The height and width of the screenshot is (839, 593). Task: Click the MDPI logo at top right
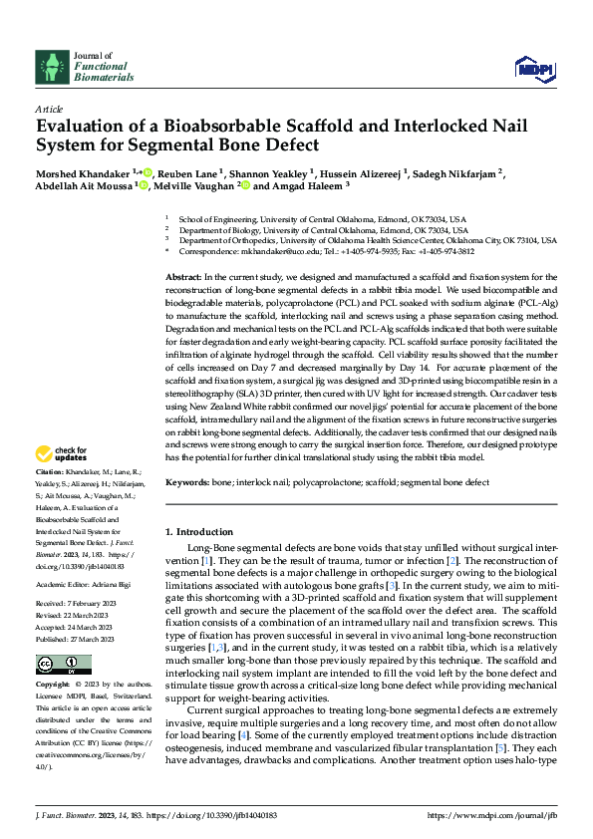(x=535, y=67)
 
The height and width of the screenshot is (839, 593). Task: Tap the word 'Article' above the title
(x=49, y=109)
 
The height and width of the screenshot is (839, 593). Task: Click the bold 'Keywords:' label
(x=188, y=482)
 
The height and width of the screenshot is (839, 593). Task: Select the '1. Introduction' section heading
(x=199, y=531)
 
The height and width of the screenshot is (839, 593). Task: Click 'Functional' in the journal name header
(x=99, y=66)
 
